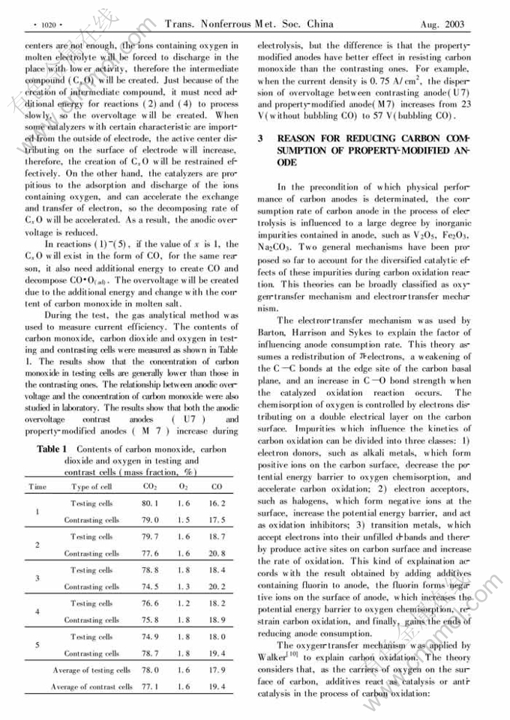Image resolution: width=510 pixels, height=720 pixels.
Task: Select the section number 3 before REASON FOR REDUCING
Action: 260,139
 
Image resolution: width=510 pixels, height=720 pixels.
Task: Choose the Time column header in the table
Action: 37,487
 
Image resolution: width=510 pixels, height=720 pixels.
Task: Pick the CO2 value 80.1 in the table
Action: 149,503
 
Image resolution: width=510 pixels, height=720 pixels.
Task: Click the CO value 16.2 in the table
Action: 217,503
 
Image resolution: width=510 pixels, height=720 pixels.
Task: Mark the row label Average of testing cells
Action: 91,670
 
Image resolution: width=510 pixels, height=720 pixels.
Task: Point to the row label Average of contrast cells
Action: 91,687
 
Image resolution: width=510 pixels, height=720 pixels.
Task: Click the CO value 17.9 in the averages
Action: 217,670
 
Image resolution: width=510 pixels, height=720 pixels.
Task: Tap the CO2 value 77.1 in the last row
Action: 149,687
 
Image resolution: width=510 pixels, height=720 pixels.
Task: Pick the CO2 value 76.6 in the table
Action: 149,603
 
